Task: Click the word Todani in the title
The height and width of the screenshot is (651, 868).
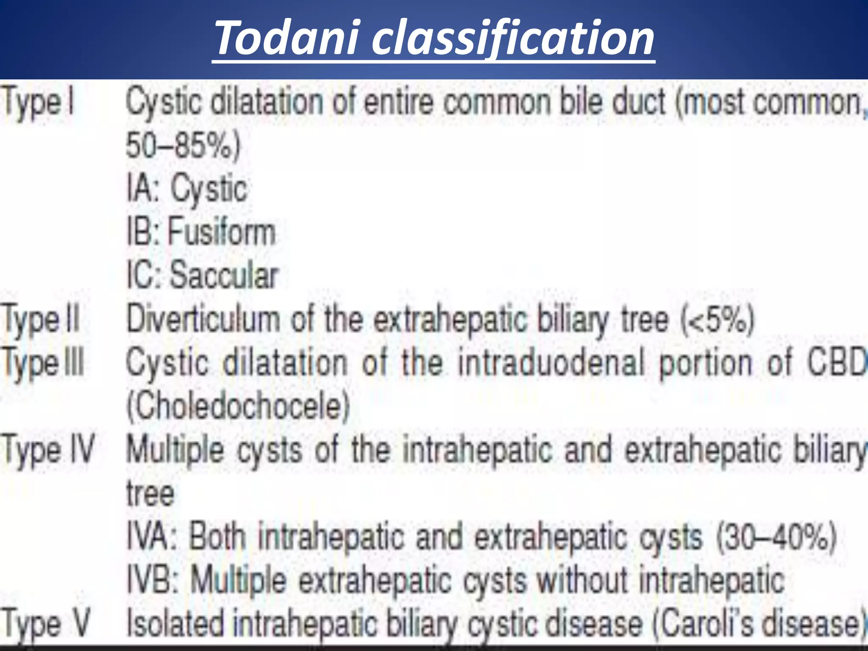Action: [x=288, y=39]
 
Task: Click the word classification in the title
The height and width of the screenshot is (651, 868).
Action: [x=513, y=39]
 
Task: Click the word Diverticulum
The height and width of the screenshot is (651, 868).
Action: [x=203, y=319]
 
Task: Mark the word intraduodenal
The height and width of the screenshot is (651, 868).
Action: [x=551, y=363]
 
